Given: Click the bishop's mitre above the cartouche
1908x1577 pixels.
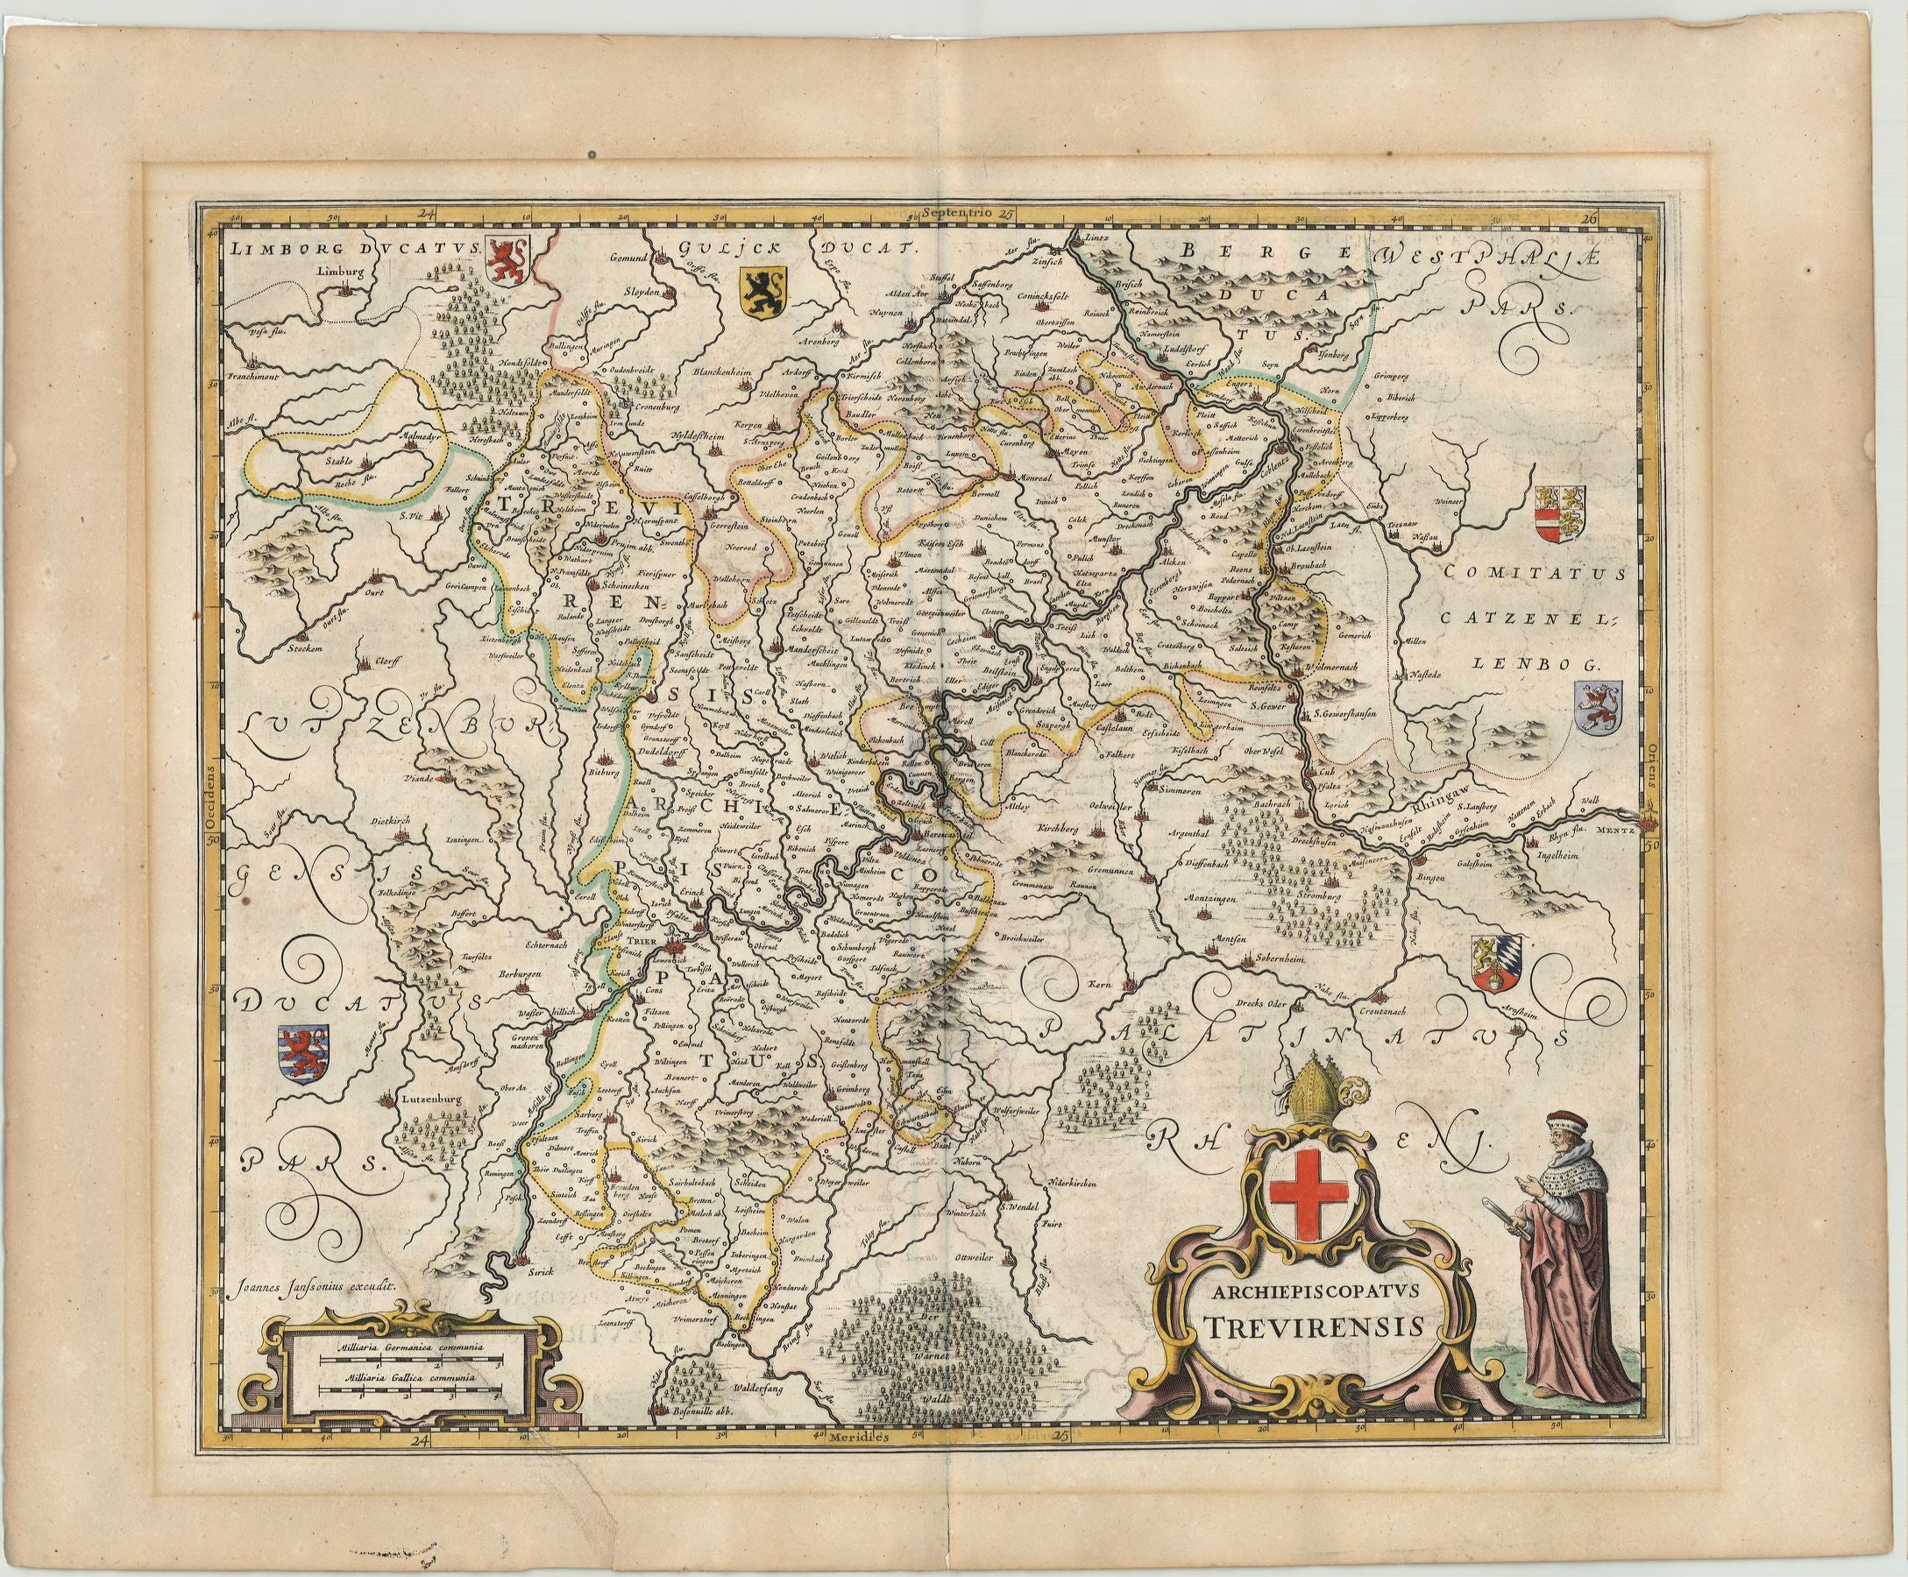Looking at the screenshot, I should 1313,1096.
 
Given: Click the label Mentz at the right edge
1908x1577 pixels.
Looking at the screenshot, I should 1619,829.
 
